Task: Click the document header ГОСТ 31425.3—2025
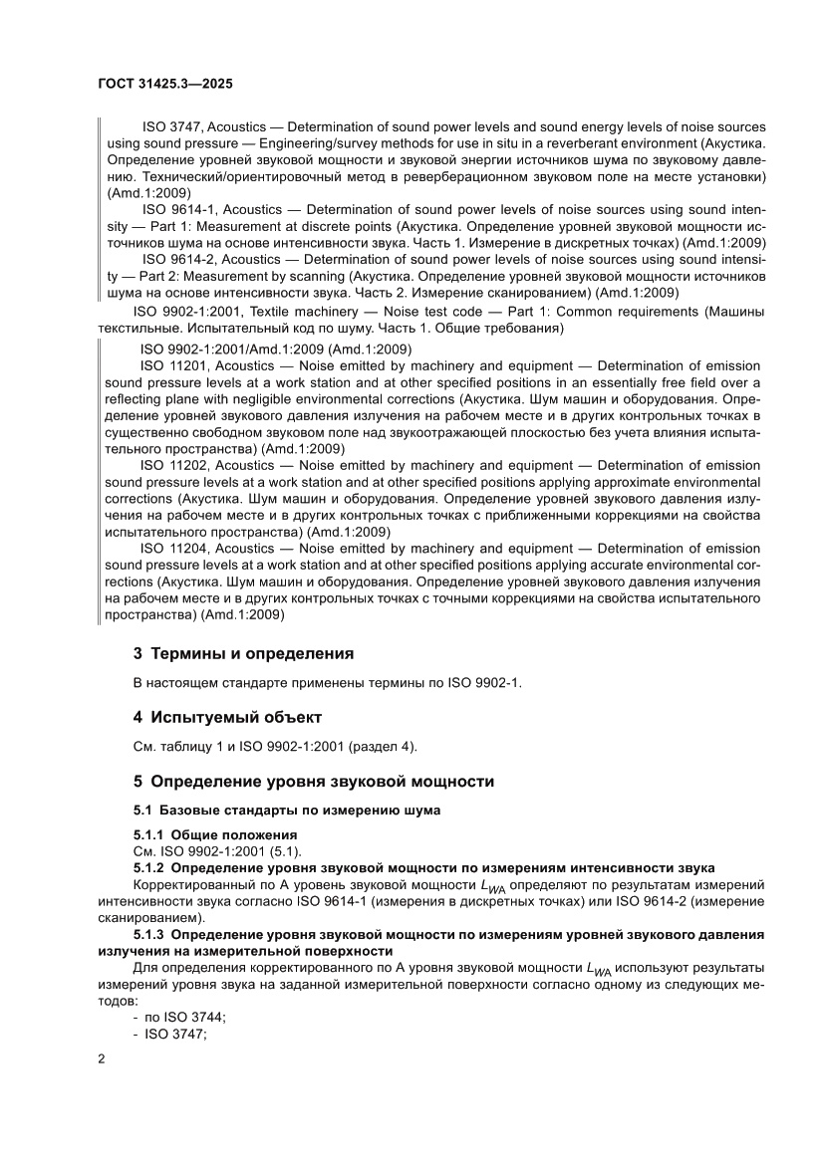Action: [x=166, y=86]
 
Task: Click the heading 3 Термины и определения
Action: [x=244, y=654]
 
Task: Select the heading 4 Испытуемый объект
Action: [x=227, y=717]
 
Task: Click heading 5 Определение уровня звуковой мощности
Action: [x=314, y=781]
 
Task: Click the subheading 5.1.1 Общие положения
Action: [x=216, y=833]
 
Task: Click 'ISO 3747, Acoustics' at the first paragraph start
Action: [x=204, y=127]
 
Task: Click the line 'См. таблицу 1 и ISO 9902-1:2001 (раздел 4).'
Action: [x=275, y=747]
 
